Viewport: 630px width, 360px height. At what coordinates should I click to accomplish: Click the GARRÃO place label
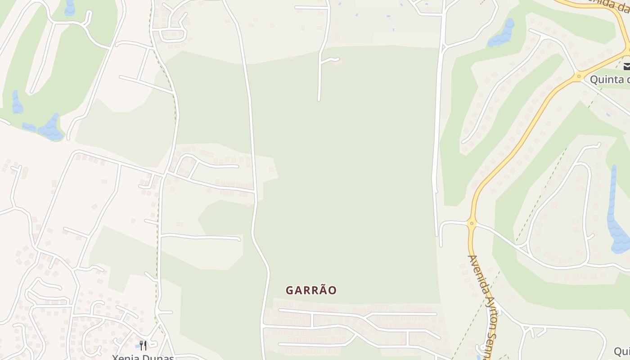coord(311,290)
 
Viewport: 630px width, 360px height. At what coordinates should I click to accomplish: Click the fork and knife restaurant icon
coord(143,345)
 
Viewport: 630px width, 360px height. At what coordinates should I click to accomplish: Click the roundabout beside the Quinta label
coord(579,77)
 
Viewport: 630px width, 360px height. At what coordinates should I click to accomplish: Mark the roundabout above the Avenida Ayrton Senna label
coord(471,222)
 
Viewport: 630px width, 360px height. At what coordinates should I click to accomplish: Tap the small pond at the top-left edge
coord(70,8)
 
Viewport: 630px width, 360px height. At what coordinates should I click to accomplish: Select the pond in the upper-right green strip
coord(503,34)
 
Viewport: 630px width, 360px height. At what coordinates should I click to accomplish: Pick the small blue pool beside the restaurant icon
coord(137,346)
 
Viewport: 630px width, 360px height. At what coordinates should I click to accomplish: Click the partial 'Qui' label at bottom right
coord(622,351)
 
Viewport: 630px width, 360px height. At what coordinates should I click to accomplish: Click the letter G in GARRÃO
coord(290,290)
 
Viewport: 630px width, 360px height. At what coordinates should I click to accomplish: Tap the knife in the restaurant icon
coord(145,345)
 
